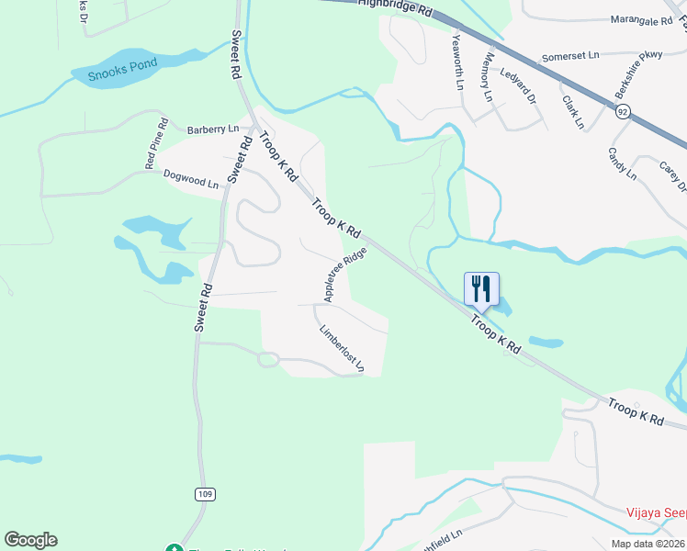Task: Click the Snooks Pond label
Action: (x=124, y=69)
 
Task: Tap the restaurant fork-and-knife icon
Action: (x=481, y=290)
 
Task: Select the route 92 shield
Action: (x=623, y=111)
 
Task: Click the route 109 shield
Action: (x=205, y=494)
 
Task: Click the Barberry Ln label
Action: (x=212, y=129)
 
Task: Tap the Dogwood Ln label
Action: (x=191, y=178)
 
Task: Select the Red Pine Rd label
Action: (x=156, y=142)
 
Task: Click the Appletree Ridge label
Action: (x=345, y=273)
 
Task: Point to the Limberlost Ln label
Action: (x=342, y=350)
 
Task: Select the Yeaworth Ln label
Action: (x=457, y=62)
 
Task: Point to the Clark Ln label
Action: (x=573, y=111)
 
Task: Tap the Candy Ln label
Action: (x=622, y=163)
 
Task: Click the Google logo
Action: (x=30, y=539)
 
